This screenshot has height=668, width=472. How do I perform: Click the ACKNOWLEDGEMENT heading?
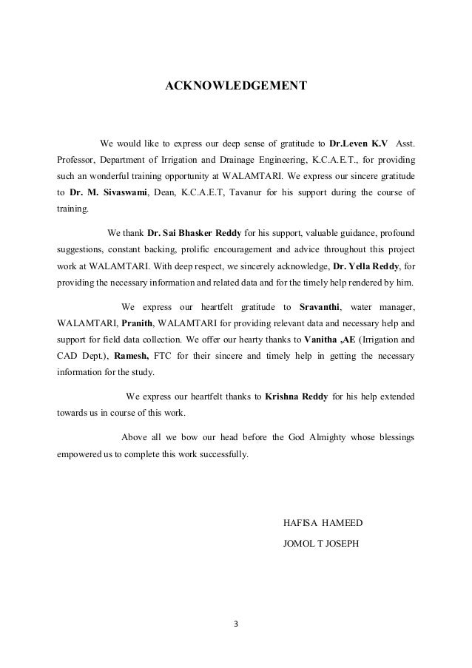click(235, 87)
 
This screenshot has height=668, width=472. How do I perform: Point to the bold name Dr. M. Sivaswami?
click(107, 193)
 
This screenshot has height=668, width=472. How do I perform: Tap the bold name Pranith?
click(132, 323)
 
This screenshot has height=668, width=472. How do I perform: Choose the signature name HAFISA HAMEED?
click(323, 523)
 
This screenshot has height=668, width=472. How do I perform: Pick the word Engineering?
click(274, 159)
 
